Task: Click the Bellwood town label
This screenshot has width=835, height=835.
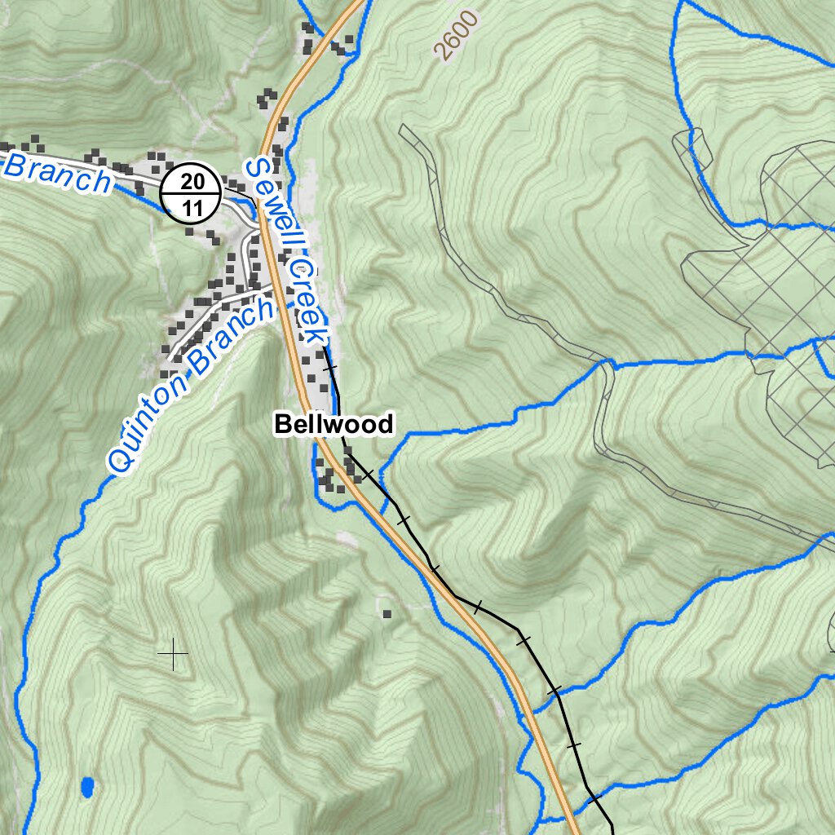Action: pos(334,424)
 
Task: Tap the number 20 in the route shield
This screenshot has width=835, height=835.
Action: pos(192,181)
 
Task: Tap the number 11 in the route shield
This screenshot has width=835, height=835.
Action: pos(192,207)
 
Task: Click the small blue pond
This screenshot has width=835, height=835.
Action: pos(87,787)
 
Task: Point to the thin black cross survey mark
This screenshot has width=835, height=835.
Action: pos(173,654)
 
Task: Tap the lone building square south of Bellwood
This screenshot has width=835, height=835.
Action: pos(387,614)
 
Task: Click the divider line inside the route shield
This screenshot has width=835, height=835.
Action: pos(192,194)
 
